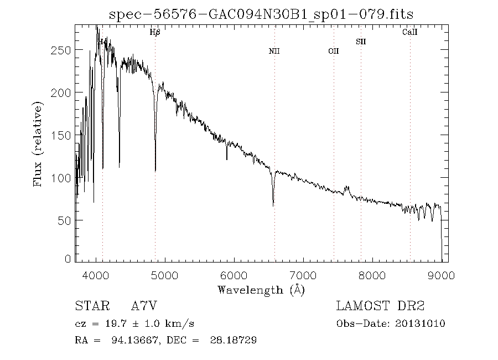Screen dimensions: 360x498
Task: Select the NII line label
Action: tap(274, 52)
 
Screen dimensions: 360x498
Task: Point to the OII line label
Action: tap(333, 52)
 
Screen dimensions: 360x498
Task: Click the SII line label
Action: tap(361, 42)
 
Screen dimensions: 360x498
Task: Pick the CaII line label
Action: tap(409, 33)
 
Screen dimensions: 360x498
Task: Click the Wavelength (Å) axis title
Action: tap(261, 290)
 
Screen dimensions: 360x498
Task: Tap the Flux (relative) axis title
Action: tap(38, 144)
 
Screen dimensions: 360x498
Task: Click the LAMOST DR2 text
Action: tap(380, 306)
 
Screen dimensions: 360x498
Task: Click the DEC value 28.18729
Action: tap(234, 340)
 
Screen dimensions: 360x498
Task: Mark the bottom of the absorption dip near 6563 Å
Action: tap(273, 205)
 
